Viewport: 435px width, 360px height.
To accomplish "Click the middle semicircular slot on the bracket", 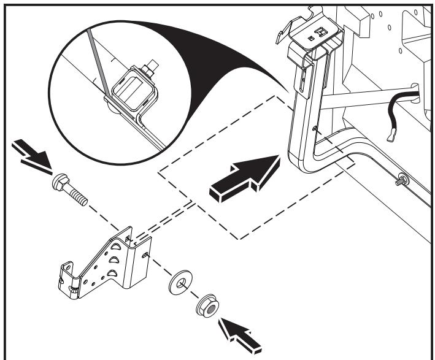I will [x=115, y=261].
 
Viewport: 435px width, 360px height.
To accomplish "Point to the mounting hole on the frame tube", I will [x=314, y=128].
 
